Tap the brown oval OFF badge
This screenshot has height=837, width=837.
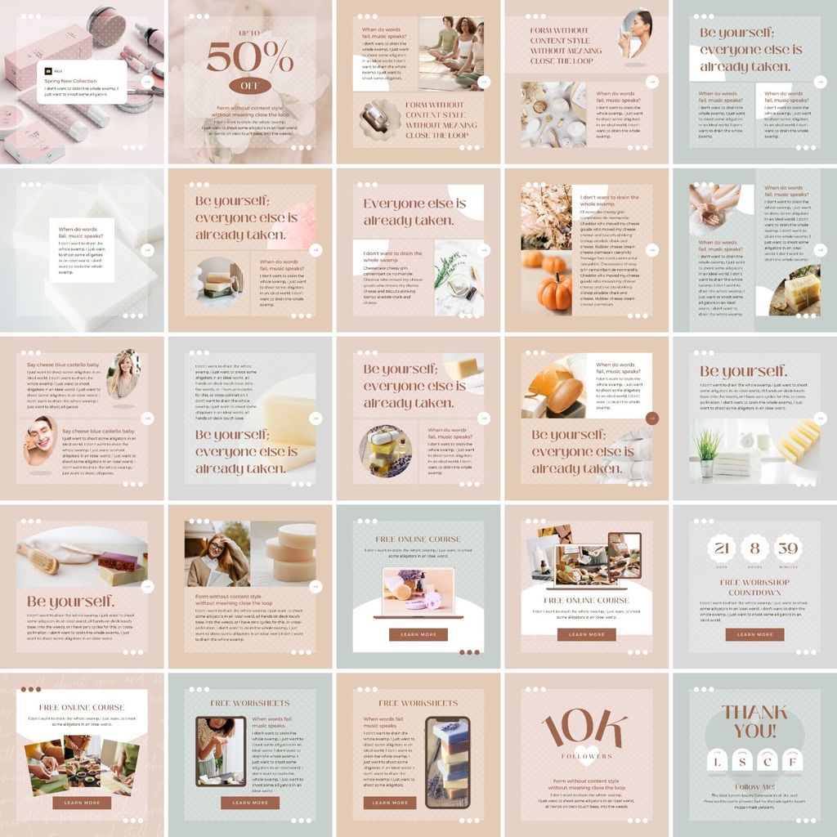249,86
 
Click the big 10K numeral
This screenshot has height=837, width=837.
586,729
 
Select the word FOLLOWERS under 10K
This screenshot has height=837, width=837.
586,756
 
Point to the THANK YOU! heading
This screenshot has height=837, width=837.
754,721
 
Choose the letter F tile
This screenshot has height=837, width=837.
790,762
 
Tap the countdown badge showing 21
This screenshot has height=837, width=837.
719,548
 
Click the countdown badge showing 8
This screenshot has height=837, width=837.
754,548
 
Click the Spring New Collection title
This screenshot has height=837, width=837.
70,81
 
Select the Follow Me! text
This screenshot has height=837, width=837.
754,786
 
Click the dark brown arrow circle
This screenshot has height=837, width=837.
651,418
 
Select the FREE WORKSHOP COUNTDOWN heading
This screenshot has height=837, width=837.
754,586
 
